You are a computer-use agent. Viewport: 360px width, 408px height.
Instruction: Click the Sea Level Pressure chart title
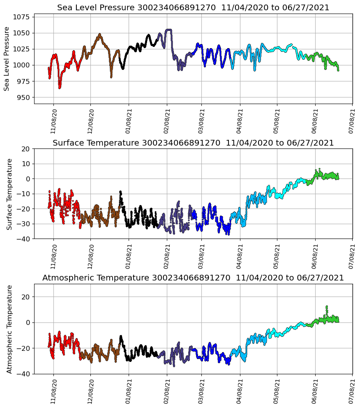point(193,8)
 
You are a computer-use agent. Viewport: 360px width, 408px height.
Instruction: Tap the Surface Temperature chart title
point(193,143)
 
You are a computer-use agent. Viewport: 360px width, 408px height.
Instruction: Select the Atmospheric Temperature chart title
point(193,278)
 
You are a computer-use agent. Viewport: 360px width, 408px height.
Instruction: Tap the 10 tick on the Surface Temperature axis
point(26,164)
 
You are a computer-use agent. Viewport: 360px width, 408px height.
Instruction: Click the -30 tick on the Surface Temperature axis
point(23,224)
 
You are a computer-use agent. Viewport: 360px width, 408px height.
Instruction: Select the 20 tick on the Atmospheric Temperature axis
point(26,297)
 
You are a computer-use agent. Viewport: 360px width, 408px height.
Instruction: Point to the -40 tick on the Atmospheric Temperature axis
point(23,374)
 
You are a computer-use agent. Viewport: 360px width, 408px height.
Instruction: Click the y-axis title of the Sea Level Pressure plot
point(7,58)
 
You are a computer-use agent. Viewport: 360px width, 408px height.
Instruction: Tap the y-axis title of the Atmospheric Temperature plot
point(9,329)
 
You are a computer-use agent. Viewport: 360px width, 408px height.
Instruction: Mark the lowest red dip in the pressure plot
point(60,88)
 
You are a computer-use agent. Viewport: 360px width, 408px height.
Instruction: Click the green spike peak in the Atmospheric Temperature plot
point(327,306)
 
